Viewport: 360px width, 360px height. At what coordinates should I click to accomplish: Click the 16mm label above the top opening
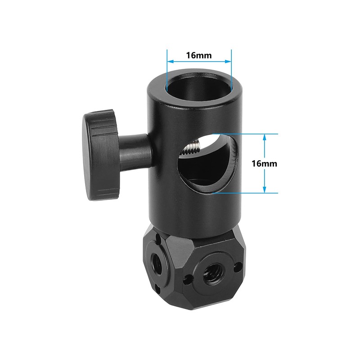199,55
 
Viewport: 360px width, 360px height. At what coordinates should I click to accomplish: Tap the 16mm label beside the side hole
264,163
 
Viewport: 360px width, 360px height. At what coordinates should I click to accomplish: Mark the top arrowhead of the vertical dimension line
265,137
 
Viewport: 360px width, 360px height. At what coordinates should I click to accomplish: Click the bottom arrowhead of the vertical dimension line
265,190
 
